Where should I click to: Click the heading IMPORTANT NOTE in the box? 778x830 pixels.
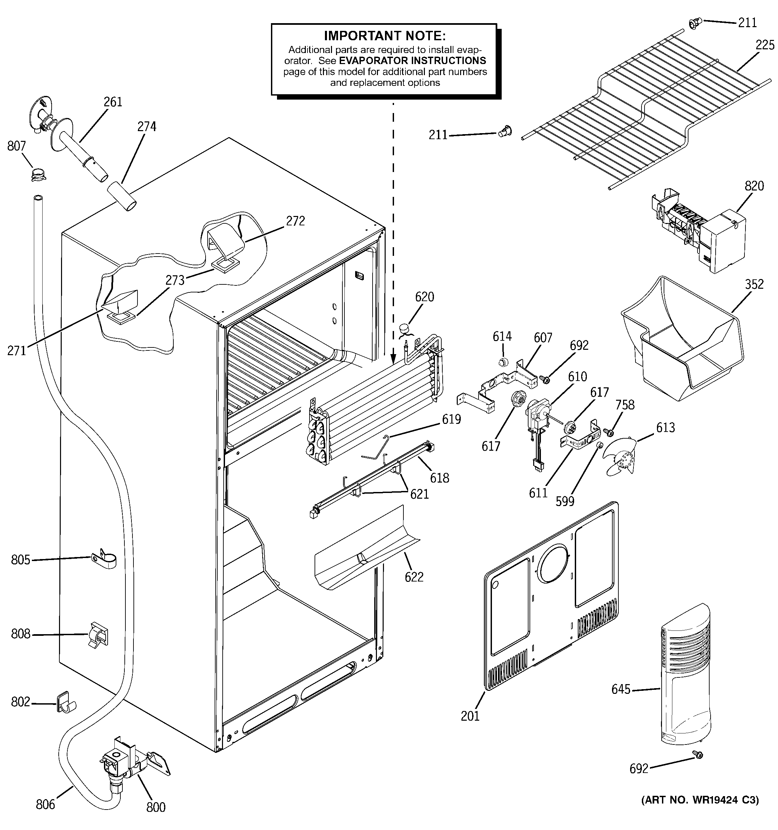(385, 36)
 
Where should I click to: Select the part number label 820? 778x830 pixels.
(754, 186)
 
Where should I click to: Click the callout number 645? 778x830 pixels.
(621, 689)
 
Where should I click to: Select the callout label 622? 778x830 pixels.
(414, 577)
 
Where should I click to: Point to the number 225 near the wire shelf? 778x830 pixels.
(764, 45)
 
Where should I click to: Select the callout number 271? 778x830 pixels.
(17, 351)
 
